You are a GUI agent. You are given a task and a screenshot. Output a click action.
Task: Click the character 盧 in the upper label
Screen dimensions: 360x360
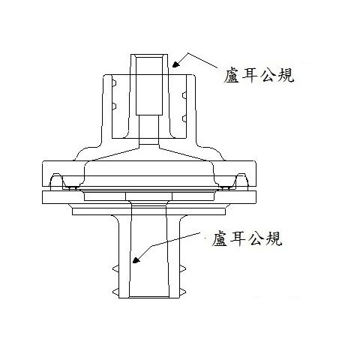(x=232, y=76)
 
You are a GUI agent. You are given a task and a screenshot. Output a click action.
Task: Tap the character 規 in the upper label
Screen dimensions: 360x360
(x=285, y=76)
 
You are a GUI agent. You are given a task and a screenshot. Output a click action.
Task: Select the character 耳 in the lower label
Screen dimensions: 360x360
(x=238, y=239)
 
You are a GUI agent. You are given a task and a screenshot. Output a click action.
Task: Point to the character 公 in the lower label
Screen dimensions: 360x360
(x=256, y=239)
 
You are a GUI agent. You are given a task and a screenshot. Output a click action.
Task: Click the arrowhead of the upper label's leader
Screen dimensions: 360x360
(x=176, y=64)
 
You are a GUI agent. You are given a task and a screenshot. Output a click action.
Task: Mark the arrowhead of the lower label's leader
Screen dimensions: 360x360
(x=136, y=259)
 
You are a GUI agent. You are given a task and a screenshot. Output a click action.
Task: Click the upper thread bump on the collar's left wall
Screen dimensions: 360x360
(x=114, y=83)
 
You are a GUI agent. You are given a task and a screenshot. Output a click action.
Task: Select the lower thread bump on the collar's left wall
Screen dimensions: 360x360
(x=114, y=106)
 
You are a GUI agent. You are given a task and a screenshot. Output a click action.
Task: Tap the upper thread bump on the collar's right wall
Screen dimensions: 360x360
(x=184, y=95)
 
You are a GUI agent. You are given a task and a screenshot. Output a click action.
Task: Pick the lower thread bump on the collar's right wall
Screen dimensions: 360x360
(x=184, y=118)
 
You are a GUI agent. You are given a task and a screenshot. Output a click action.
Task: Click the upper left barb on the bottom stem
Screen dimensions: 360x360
(x=115, y=269)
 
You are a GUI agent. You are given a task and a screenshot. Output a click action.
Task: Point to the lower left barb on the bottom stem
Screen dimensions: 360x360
(x=115, y=291)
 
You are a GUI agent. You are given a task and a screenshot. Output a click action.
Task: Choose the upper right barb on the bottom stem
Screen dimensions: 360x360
(x=183, y=269)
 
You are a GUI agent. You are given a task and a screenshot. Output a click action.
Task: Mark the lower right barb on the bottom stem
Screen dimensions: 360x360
(x=183, y=291)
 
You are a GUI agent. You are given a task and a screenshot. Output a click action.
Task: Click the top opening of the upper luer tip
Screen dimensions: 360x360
(x=149, y=55)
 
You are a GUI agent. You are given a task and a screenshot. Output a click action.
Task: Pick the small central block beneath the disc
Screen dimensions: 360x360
(x=149, y=196)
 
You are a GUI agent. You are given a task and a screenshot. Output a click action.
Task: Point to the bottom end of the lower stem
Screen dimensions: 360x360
(x=149, y=298)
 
